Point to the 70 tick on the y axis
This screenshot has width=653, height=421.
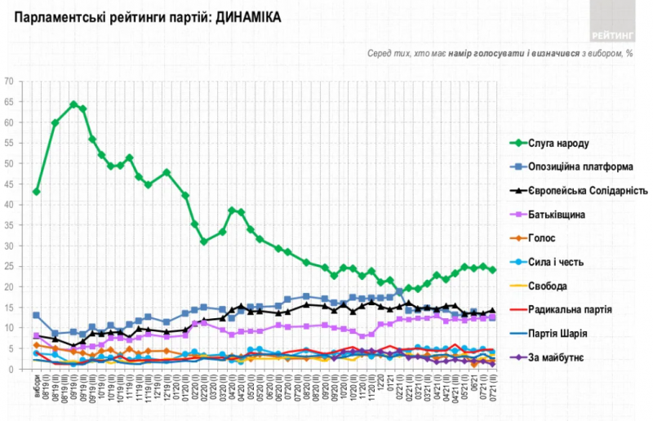click(9, 81)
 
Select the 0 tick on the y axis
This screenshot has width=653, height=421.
click(11, 369)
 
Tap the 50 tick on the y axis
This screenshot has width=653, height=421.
click(9, 163)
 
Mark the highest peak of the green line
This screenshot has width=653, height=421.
click(73, 104)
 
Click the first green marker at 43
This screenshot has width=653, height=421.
click(36, 192)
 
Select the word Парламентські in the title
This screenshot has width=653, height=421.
click(57, 16)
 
